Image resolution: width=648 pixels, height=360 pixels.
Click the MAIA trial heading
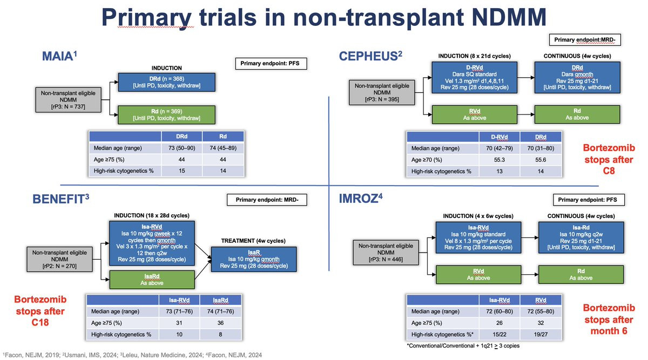59,56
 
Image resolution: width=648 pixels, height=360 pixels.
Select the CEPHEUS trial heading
370,56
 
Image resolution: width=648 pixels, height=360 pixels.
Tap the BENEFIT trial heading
60,199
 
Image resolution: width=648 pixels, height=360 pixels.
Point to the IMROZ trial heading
361,199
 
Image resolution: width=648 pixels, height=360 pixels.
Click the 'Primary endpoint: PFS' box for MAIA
271,63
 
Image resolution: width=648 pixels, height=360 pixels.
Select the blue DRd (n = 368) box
167,82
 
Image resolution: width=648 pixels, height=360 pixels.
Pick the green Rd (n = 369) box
167,115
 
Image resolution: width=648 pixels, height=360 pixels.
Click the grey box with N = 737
68,100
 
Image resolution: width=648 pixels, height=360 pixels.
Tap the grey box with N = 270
59,259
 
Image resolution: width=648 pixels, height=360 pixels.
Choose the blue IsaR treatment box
254,259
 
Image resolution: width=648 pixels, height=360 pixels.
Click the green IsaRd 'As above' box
152,280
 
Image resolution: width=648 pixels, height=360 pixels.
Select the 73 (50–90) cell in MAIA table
181,148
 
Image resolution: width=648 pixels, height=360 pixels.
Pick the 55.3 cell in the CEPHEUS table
500,160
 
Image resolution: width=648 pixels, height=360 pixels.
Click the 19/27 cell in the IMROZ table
541,334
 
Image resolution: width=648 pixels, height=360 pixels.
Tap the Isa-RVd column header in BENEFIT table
179,300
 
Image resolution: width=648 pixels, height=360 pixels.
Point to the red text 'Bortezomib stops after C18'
40,311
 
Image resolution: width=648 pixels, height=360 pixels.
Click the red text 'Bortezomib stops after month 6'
609,319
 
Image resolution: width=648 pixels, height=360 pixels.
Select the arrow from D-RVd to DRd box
526,78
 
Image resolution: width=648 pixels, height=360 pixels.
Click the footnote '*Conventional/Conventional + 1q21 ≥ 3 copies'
463,346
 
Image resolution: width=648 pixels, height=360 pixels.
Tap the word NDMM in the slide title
509,17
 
